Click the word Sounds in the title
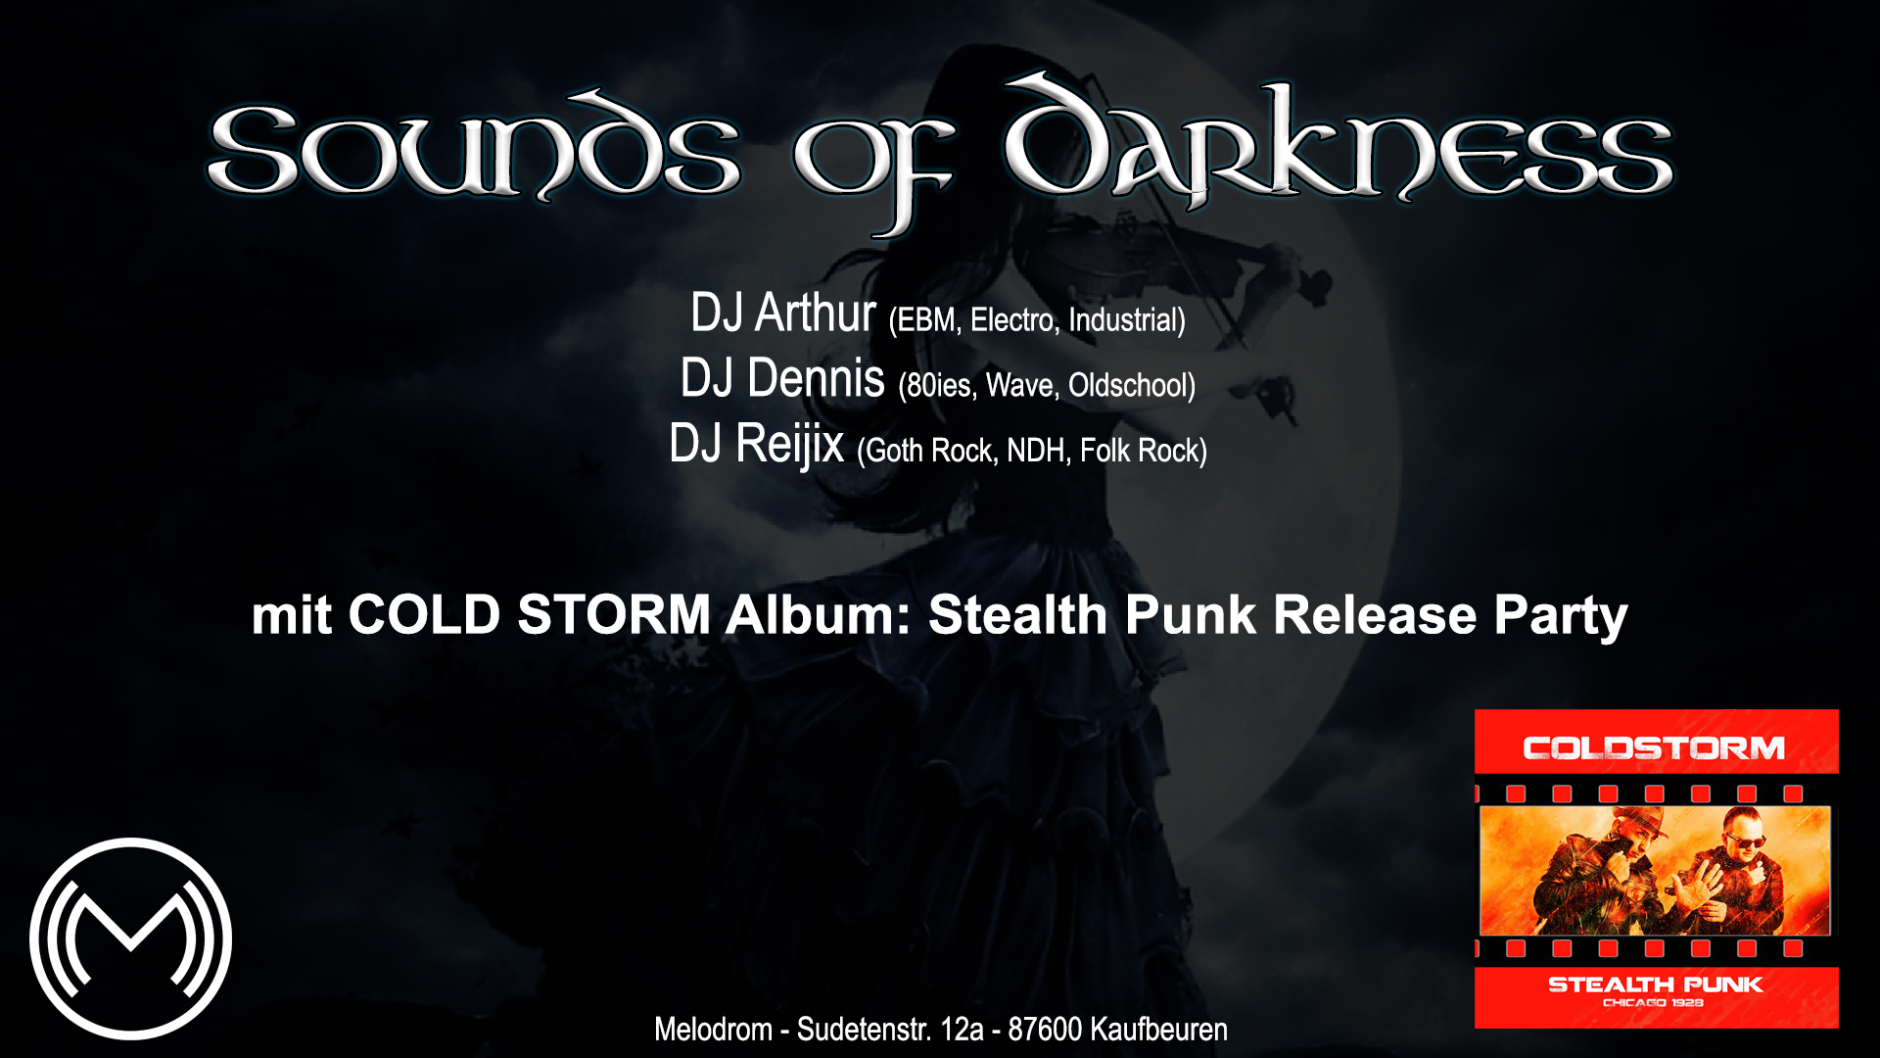click(x=474, y=147)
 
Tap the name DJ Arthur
click(x=782, y=313)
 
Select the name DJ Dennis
click(x=782, y=378)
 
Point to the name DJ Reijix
click(x=756, y=444)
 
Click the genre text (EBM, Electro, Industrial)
click(x=1037, y=320)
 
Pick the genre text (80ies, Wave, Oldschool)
click(x=1047, y=386)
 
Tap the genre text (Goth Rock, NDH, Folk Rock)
click(x=1032, y=451)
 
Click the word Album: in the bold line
click(x=819, y=615)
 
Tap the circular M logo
click(x=130, y=938)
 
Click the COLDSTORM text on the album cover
click(x=1654, y=748)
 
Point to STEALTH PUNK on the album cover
click(x=1655, y=985)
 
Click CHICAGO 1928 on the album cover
click(x=1653, y=1003)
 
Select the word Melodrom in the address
click(x=713, y=1030)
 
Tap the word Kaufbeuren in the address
click(x=1158, y=1030)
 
